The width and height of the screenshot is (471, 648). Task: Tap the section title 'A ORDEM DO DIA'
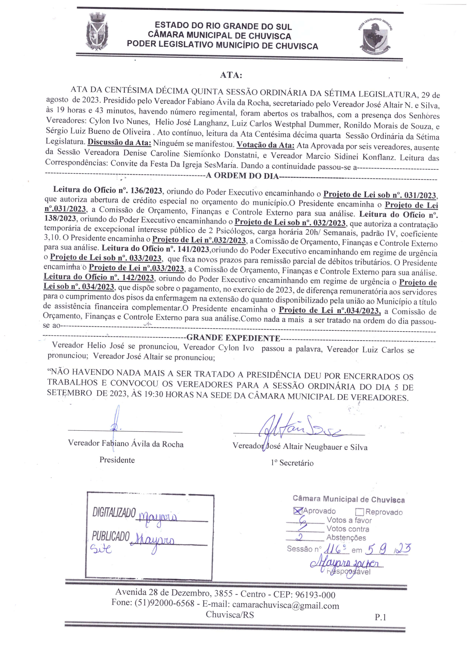tap(242, 175)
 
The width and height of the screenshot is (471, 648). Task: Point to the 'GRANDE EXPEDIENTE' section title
tap(233, 338)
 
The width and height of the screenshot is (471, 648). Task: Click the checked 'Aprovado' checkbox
tap(298, 511)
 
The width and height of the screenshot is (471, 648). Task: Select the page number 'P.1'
tap(380, 617)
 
